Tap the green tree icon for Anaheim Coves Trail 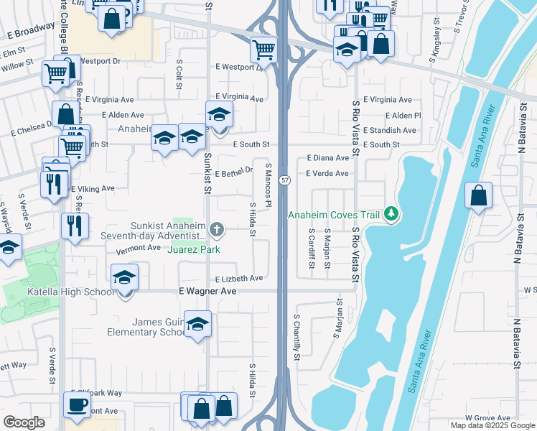[391, 213]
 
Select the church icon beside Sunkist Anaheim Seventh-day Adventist [218, 230]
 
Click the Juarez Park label [194, 249]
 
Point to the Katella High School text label [70, 292]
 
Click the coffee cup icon [77, 404]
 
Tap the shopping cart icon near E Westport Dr [263, 50]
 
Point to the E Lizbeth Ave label [239, 279]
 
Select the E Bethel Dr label [234, 172]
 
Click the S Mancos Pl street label [268, 185]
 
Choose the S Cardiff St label [312, 249]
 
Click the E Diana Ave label [327, 158]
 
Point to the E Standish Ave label [389, 131]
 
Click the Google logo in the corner [24, 422]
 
